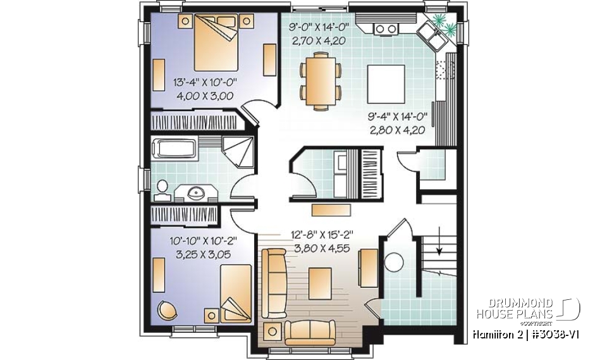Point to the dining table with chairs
pos(319,78)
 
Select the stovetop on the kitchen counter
pos(384,28)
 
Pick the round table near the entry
pos(395,261)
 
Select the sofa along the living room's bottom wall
pos(310,332)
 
